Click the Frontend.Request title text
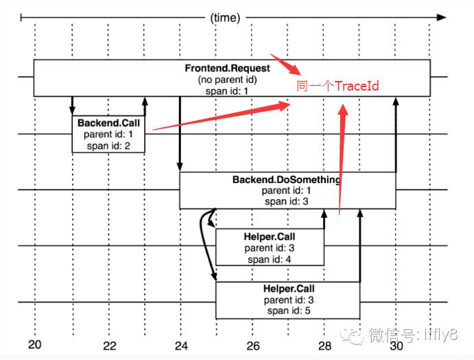coord(228,69)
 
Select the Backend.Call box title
coord(108,123)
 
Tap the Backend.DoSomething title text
coord(287,180)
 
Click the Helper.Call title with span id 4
coord(269,237)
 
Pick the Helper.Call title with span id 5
coord(288,289)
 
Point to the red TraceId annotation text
coord(337,87)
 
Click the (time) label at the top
coord(225,18)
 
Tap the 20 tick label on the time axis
coord(35,345)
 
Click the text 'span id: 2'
coord(108,145)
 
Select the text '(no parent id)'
coord(228,80)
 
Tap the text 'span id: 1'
coord(228,91)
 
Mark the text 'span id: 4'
coord(269,259)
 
